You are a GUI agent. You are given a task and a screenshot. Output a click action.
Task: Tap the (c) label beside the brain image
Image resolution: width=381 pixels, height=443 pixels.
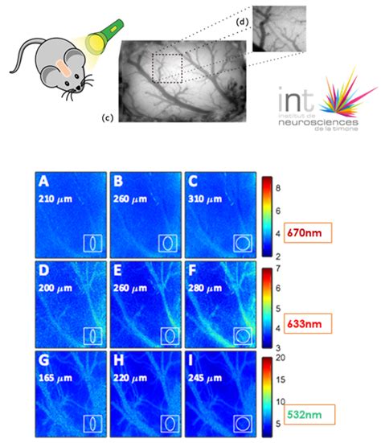pos(106,118)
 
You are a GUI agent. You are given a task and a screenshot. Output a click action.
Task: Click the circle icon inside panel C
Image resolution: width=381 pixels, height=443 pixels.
pos(243,243)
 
